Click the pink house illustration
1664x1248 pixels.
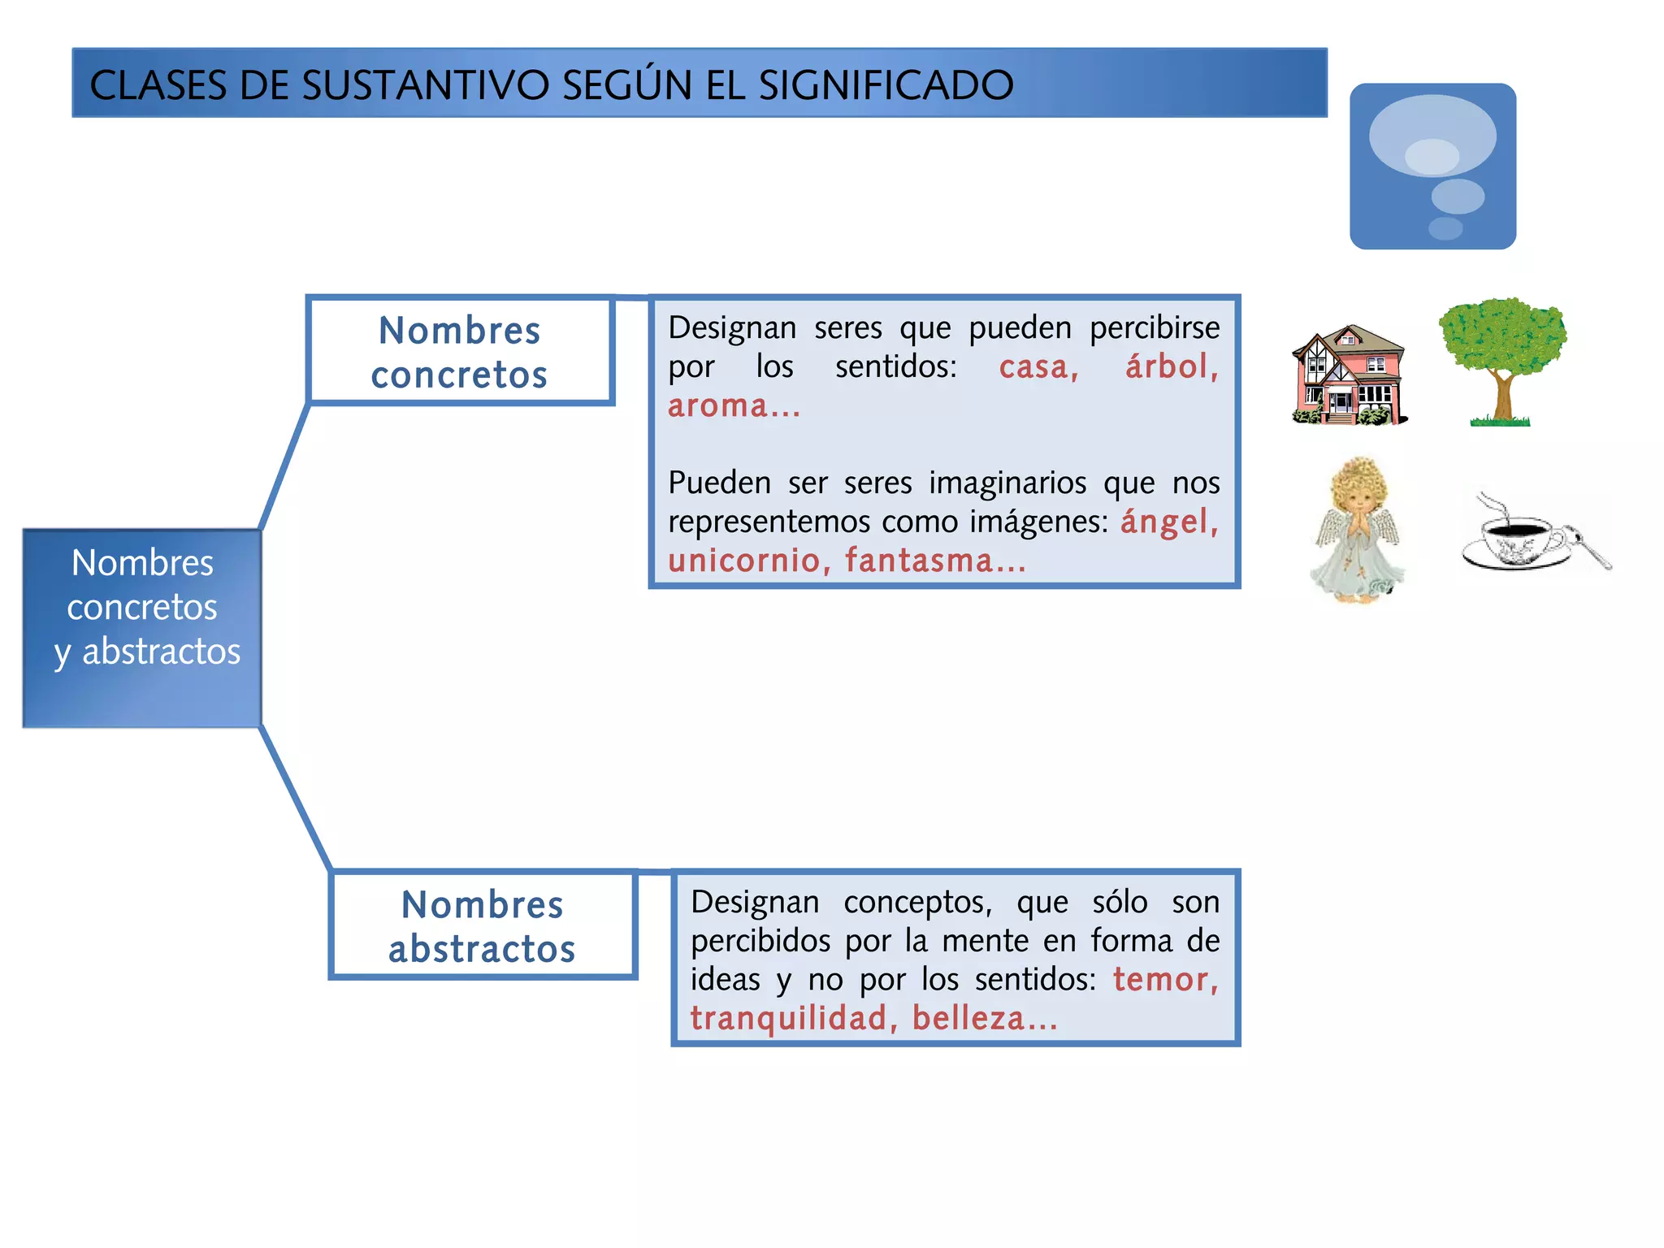1349,375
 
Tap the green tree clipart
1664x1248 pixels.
1502,357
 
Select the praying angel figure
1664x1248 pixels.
1357,530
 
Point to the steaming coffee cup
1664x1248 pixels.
1514,538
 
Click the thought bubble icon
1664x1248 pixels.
1432,166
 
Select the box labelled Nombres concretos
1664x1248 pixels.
460,352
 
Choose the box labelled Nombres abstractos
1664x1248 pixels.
483,926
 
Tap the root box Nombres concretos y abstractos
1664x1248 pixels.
143,628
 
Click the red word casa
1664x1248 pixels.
1038,367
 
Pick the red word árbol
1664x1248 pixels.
1171,366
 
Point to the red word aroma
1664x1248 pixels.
717,405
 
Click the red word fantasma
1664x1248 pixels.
919,561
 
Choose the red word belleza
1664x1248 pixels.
968,1019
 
